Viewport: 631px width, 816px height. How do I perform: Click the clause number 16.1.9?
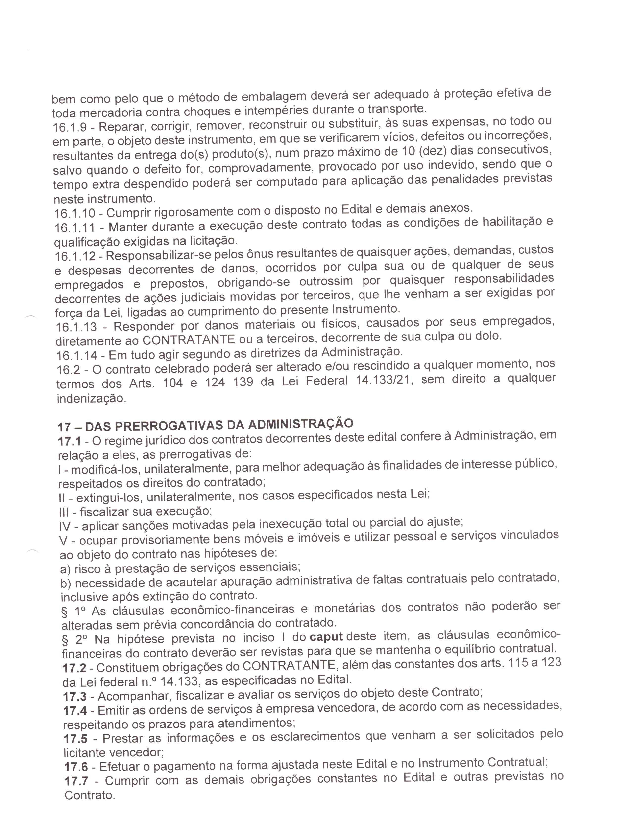[70, 127]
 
